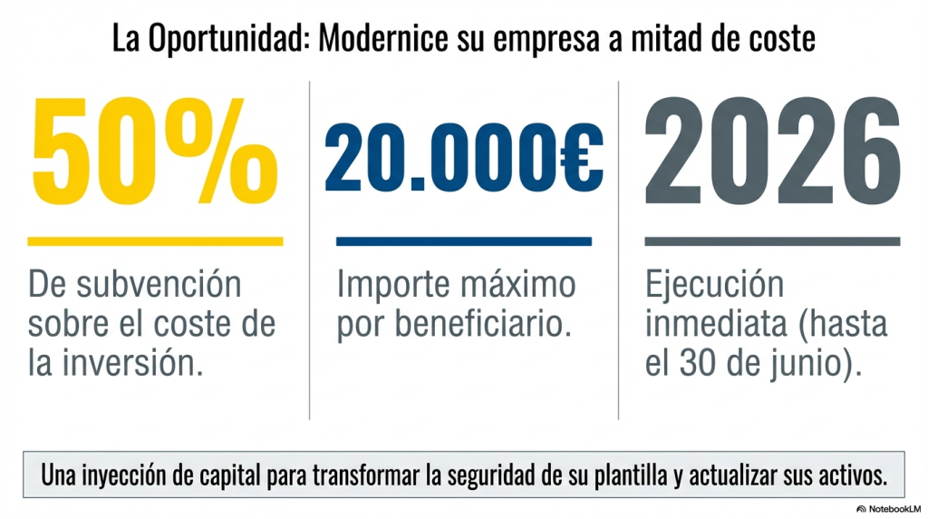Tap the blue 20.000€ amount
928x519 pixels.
coord(463,164)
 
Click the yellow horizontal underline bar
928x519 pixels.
coord(155,241)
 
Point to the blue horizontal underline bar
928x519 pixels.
coord(463,241)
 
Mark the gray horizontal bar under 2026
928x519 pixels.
coord(772,241)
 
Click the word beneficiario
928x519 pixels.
coord(486,325)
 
